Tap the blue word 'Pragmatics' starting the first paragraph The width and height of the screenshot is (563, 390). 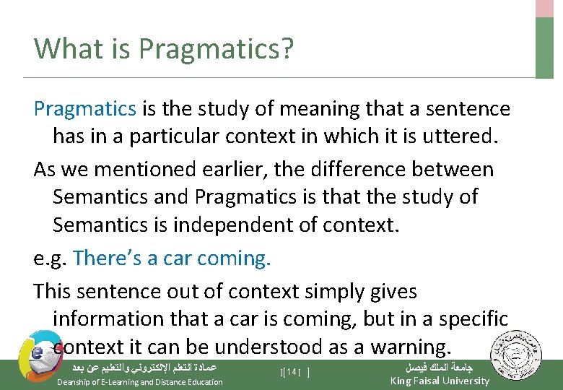(x=84, y=109)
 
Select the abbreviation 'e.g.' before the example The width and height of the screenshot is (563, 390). (x=51, y=258)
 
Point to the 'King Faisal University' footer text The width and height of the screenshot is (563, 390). (x=440, y=381)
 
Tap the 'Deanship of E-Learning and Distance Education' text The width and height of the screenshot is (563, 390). (x=139, y=382)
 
